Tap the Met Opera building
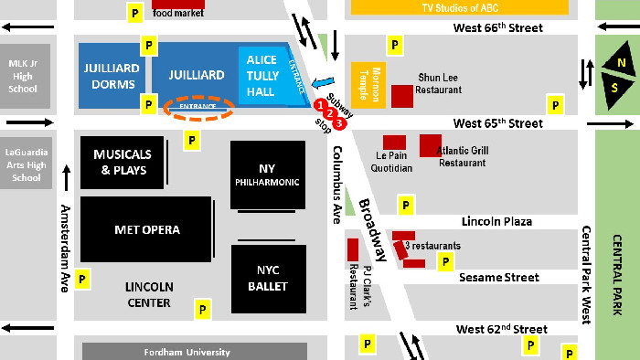click(146, 229)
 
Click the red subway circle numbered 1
click(320, 105)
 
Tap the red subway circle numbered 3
click(339, 122)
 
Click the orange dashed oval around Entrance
click(198, 107)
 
